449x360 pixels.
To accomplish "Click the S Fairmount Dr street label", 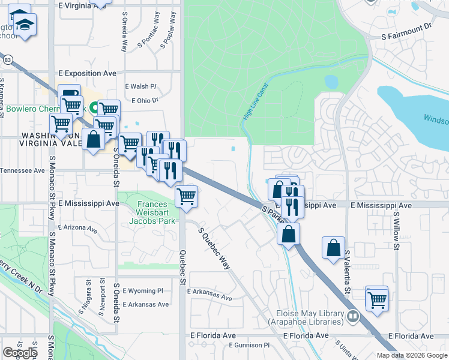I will coord(407,36).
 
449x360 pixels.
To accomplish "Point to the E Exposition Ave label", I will coord(87,73).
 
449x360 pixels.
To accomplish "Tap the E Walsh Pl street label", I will coord(140,86).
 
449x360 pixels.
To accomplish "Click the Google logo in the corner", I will coord(20,353).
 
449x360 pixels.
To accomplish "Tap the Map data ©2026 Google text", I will coord(412,355).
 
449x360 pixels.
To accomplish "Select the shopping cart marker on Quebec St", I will coord(187,197).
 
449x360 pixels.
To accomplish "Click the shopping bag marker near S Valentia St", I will coord(333,247).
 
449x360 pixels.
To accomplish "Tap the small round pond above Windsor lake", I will coord(331,81).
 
